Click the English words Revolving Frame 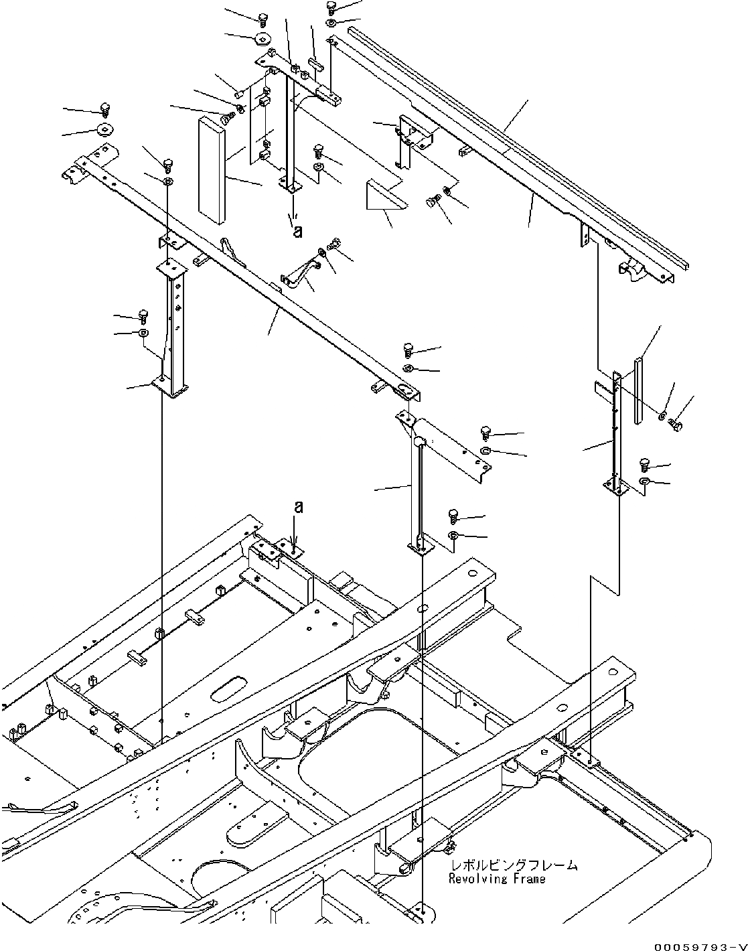pyautogui.click(x=498, y=879)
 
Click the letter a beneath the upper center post pyautogui.click(x=297, y=231)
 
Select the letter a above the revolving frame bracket pyautogui.click(x=298, y=507)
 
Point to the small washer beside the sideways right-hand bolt pyautogui.click(x=662, y=416)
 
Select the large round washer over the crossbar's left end pyautogui.click(x=104, y=129)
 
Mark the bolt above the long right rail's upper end pyautogui.click(x=331, y=7)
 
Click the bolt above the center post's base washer pyautogui.click(x=453, y=516)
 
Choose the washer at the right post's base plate pyautogui.click(x=644, y=482)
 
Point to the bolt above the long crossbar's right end pyautogui.click(x=408, y=349)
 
